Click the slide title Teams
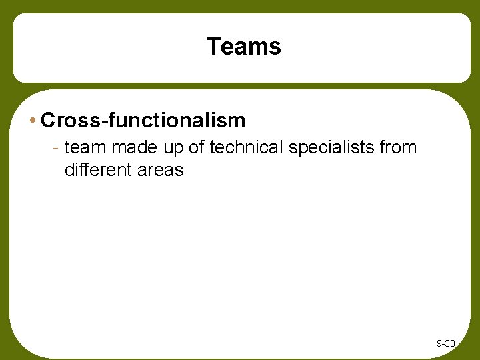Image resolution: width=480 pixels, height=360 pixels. pyautogui.click(x=244, y=47)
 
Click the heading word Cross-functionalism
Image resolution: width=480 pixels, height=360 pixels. pyautogui.click(x=143, y=121)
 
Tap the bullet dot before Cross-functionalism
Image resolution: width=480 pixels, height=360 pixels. pyautogui.click(x=33, y=121)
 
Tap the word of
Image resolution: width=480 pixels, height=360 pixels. pyautogui.click(x=197, y=147)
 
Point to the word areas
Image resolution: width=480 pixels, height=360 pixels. pyautogui.click(x=160, y=171)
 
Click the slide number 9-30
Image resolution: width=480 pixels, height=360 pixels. pyautogui.click(x=445, y=343)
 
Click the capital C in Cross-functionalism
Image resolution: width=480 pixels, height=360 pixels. pyautogui.click(x=48, y=121)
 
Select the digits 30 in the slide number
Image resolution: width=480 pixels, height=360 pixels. pyautogui.click(x=449, y=343)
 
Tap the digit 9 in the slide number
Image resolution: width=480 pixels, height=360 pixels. pyautogui.click(x=439, y=343)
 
